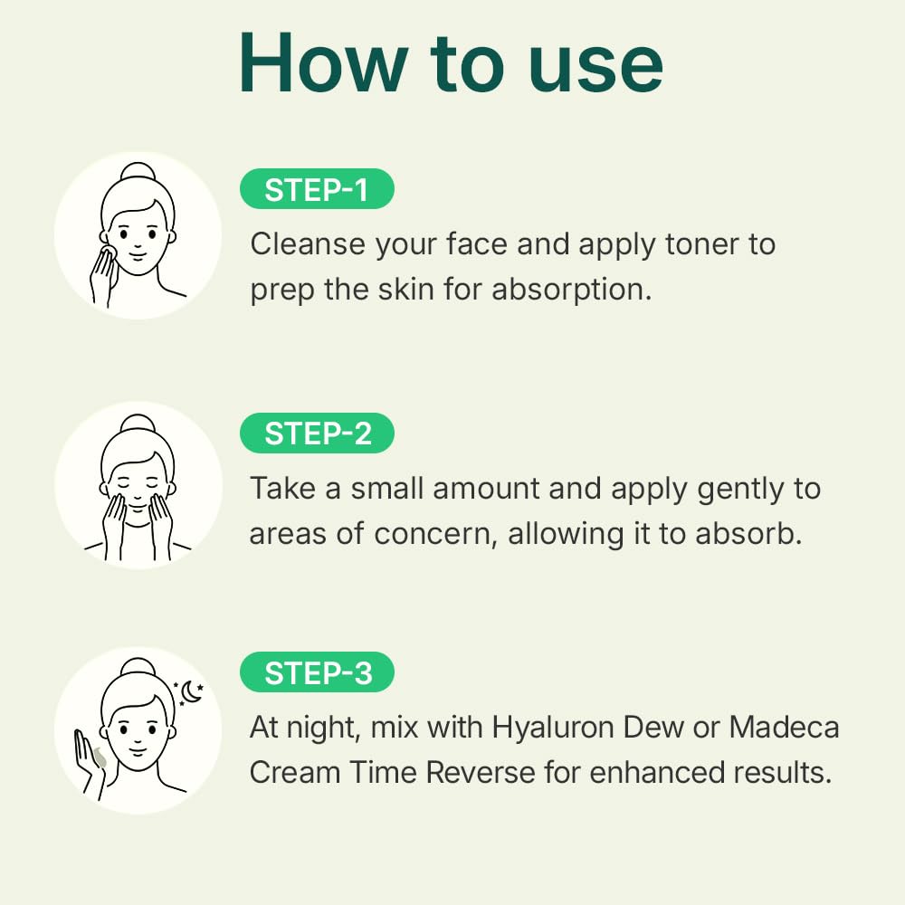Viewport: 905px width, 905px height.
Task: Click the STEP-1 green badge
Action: tap(316, 190)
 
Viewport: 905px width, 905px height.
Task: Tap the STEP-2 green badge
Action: tap(318, 434)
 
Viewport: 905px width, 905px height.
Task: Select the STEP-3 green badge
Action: tap(318, 674)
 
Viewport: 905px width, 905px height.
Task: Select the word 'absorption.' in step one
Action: tap(572, 291)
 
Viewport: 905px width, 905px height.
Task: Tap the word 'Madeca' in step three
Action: tap(785, 728)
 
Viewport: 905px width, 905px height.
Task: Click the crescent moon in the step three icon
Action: tap(191, 691)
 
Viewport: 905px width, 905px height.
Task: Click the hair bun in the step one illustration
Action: tap(138, 172)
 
